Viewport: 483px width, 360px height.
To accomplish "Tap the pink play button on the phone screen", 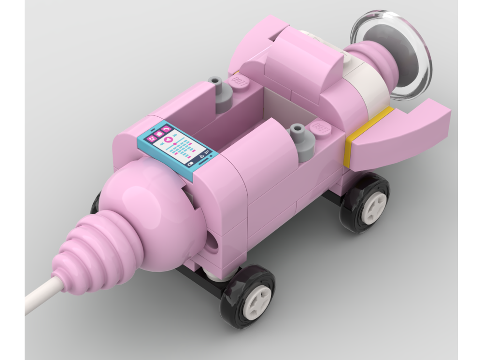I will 169,139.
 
